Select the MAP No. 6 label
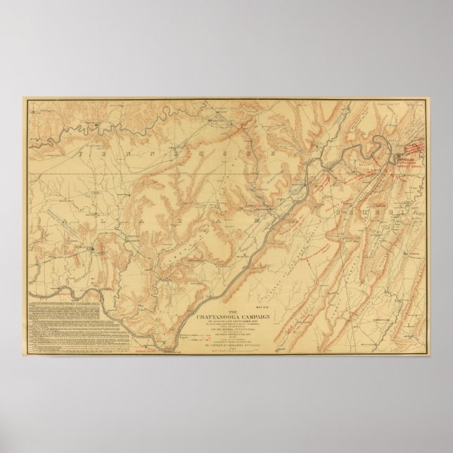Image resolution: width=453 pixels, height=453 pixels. [262, 306]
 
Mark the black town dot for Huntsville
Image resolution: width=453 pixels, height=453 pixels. [90, 248]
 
